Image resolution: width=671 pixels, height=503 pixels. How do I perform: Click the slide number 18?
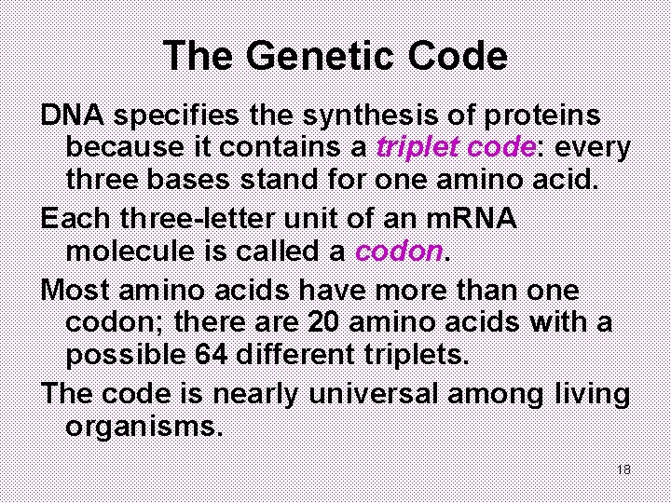coord(623,469)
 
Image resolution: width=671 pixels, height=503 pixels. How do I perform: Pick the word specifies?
coord(184,116)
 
